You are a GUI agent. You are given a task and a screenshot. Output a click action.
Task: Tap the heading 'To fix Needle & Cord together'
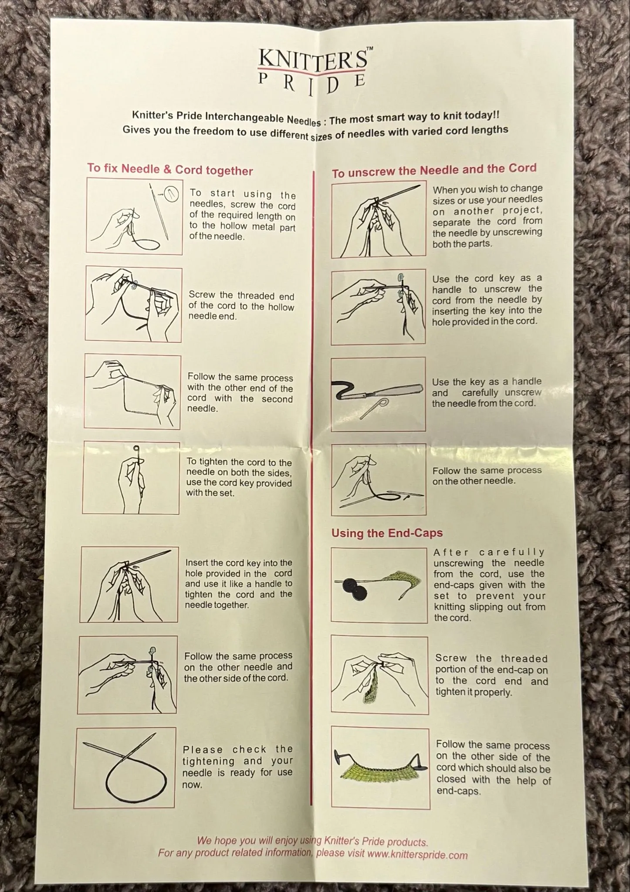tap(170, 169)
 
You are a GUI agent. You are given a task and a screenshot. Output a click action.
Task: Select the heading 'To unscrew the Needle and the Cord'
tap(434, 170)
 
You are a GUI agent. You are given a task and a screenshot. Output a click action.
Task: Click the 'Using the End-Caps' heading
tap(387, 533)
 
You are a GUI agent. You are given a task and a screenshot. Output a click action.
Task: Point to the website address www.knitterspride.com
tap(417, 855)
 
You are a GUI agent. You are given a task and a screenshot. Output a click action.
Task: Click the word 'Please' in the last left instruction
tap(203, 750)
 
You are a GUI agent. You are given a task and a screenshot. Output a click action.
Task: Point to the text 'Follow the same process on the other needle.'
tap(487, 476)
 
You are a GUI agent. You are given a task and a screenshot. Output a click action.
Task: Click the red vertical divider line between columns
tap(313, 488)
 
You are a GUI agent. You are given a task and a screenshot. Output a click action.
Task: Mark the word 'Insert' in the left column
tap(197, 563)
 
